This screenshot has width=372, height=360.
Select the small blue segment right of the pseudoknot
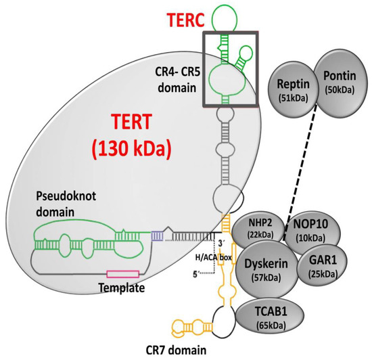(157, 236)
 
